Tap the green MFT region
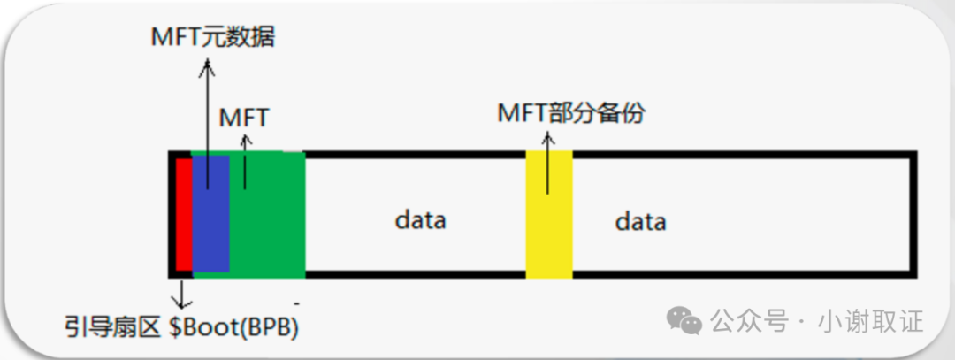tap(270, 212)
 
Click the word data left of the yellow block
tap(420, 218)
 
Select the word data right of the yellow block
tap(640, 220)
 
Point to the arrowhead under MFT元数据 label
tap(208, 65)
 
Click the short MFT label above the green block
tap(244, 117)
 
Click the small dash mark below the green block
tap(297, 303)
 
